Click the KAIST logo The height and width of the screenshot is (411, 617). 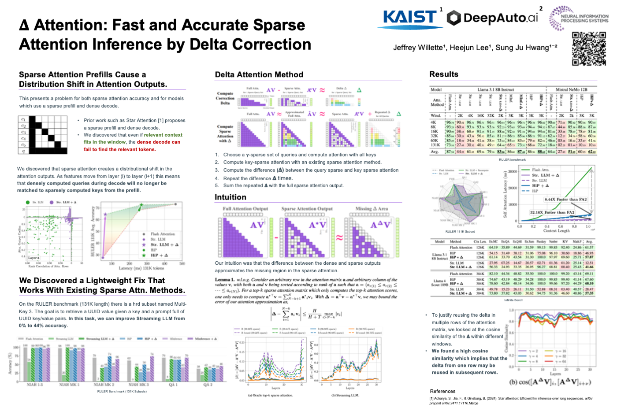click(410, 18)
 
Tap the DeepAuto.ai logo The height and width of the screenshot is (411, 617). click(493, 18)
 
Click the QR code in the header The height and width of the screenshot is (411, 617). click(589, 48)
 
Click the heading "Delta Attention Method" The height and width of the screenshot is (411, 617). click(259, 75)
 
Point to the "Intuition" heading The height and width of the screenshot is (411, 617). click(230, 197)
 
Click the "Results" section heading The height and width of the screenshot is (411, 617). click(444, 74)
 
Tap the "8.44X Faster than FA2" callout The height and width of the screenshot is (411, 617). click(565, 200)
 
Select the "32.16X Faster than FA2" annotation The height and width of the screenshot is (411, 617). click(552, 212)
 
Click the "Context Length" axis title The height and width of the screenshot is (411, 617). click(556, 230)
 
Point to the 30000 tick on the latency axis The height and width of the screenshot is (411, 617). click(513, 172)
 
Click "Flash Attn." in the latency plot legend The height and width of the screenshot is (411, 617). click(540, 170)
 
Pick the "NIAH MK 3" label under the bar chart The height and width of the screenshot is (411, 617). click(138, 385)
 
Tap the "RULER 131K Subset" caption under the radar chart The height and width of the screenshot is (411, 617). click(460, 231)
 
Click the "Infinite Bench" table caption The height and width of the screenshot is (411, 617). click(513, 300)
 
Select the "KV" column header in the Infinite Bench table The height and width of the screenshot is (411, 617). click(565, 241)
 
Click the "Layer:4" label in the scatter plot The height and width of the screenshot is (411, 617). click(34, 258)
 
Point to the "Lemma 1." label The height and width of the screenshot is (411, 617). click(225, 280)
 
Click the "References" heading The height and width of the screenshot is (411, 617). click(442, 391)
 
